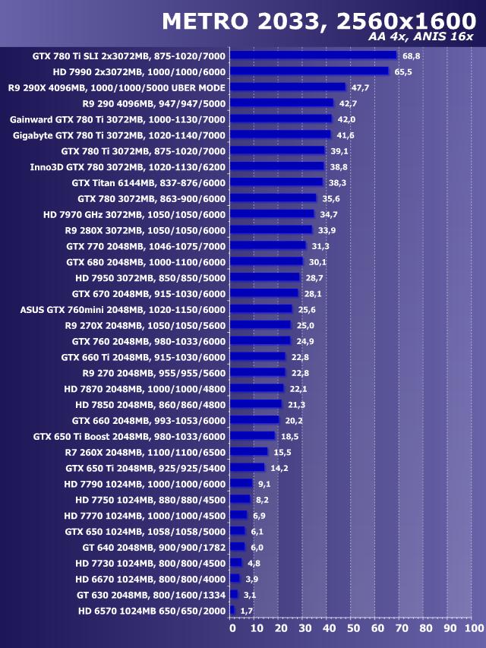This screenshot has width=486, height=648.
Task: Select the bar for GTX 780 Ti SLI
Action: pos(314,55)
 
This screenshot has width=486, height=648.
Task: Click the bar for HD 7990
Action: pos(309,71)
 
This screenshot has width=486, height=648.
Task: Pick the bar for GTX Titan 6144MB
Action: pos(276,182)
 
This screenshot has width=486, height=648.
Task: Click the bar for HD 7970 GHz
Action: pos(272,214)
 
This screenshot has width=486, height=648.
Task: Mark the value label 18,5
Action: pos(289,436)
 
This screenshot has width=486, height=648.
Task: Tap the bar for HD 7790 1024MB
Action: pos(241,483)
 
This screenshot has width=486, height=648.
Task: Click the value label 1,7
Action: pos(246,610)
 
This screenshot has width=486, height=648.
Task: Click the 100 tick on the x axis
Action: pos(472,628)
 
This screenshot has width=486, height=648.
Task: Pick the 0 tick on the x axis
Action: pos(232,628)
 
